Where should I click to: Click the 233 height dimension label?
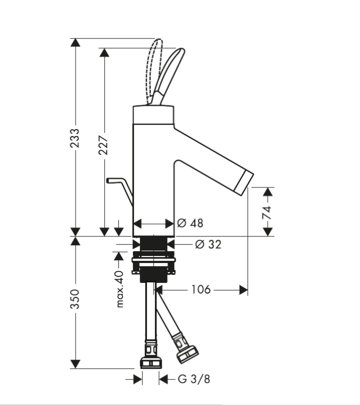pos(75,138)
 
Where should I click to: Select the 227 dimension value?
pos(104,145)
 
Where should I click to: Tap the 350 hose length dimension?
pos(75,299)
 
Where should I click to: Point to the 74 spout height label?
pos(267,213)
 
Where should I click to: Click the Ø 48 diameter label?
pos(190,223)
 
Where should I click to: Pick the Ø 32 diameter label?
pos(209,244)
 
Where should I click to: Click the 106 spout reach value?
pos(201,289)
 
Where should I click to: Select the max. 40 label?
pos(119,289)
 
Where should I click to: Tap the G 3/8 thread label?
pos(194,379)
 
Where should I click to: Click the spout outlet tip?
pos(244,183)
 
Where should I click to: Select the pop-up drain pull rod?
pos(120,190)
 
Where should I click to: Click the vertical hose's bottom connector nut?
pos(151,362)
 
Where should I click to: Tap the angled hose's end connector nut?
pos(188,355)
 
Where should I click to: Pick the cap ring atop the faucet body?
pos(154,114)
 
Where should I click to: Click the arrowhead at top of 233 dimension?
pos(75,42)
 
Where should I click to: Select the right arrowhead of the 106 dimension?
pos(243,290)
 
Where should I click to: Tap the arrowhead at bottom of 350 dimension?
pos(75,364)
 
